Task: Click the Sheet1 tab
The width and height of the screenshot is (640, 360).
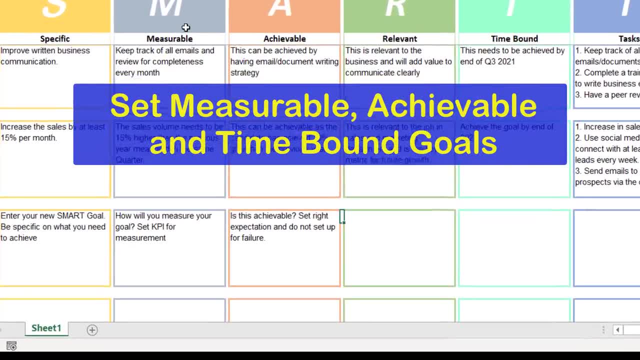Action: (46, 328)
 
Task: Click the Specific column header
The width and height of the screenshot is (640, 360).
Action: (55, 38)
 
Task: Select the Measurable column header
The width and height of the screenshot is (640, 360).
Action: (169, 38)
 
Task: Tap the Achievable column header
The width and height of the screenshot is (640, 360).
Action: (284, 38)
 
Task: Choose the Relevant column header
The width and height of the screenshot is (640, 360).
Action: (399, 38)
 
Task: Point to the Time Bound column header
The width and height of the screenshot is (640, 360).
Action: (514, 38)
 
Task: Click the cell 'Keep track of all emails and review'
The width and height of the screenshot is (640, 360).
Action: (164, 61)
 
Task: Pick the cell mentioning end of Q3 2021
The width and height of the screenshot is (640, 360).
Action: (512, 56)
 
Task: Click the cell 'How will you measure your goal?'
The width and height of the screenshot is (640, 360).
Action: (163, 226)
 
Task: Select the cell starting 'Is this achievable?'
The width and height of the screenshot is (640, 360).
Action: (282, 226)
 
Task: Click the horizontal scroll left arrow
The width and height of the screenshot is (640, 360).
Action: (617, 329)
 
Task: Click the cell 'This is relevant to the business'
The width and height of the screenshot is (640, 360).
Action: (398, 61)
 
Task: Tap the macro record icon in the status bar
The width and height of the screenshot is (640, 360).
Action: (11, 345)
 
